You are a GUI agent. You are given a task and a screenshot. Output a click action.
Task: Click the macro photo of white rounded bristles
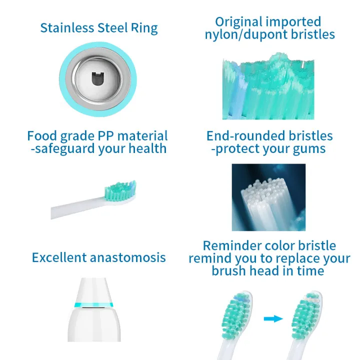[268, 197]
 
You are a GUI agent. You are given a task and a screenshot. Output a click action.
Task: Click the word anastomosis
[128, 258]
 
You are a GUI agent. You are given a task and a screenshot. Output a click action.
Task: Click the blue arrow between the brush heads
[273, 318]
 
